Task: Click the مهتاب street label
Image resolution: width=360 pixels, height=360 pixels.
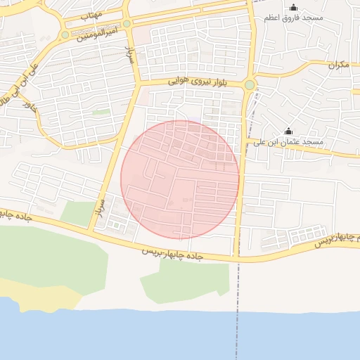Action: [x=91, y=15]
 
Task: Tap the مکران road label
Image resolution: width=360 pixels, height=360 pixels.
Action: [x=338, y=65]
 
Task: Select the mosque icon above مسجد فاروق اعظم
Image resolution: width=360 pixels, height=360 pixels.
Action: [x=293, y=7]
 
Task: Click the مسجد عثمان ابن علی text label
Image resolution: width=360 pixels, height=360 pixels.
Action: [x=289, y=142]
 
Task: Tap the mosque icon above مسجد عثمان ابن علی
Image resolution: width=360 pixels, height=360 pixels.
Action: [x=288, y=131]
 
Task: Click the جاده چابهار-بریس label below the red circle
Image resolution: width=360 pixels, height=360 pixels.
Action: [x=173, y=253]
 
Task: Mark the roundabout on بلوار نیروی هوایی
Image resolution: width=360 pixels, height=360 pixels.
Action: [x=250, y=86]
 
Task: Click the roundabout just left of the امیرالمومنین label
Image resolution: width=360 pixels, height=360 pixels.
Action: [x=65, y=34]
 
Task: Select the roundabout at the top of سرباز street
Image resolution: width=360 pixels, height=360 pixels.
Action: [x=127, y=24]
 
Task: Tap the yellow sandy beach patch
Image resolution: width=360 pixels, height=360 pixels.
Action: [x=39, y=295]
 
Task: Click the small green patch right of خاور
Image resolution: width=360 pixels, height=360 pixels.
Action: [x=101, y=112]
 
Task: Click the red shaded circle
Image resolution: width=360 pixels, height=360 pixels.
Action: [x=180, y=180]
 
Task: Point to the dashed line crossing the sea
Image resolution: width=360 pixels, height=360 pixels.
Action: [x=236, y=323]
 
